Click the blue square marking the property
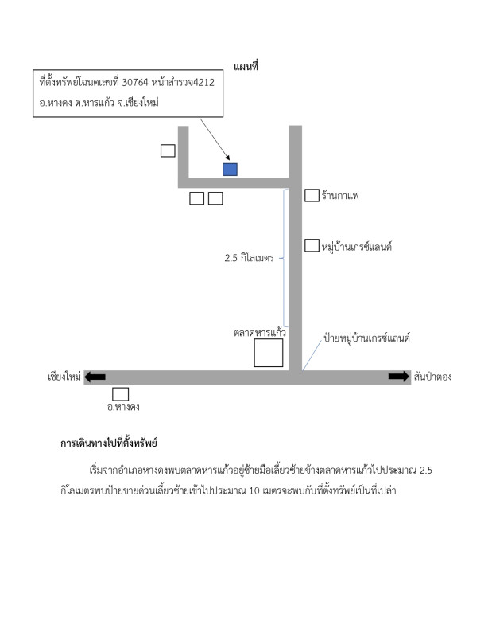point(230,170)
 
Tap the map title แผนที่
point(246,67)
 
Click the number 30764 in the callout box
point(135,83)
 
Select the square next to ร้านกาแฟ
point(312,195)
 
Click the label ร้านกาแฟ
point(341,195)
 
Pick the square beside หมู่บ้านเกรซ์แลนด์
point(312,245)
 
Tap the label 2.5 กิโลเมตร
point(249,258)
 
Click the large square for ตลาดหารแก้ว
point(269,353)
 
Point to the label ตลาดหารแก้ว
point(260,333)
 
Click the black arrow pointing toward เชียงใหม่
point(95,377)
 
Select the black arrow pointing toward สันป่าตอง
point(399,377)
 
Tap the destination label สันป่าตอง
point(432,377)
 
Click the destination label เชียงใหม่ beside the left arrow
point(64,377)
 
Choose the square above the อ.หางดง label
point(121,394)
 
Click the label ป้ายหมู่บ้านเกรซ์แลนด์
point(366,338)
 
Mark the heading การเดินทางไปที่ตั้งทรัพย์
point(109,443)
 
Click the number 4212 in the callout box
point(203,83)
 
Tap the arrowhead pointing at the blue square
point(228,158)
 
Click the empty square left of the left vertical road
point(168,150)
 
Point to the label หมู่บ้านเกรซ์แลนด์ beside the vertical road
point(357,247)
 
